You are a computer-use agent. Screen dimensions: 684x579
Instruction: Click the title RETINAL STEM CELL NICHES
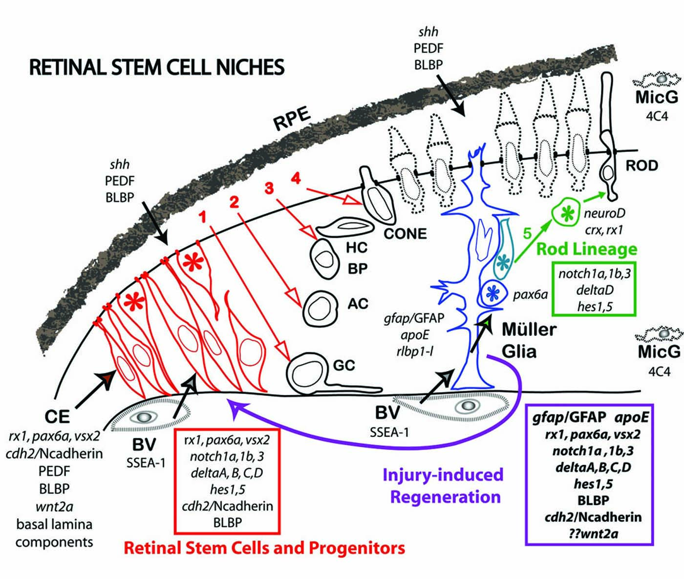[x=157, y=67]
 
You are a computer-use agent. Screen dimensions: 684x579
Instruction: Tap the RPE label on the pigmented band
[x=292, y=119]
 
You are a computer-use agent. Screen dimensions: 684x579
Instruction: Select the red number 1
[x=202, y=217]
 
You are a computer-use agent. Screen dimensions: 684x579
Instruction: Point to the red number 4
[x=296, y=179]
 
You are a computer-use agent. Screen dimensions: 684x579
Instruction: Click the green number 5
[x=527, y=233]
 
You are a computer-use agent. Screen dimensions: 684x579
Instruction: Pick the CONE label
[x=406, y=234]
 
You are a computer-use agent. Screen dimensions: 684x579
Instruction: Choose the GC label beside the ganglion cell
[x=344, y=365]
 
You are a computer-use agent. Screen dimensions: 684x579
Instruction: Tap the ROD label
[x=641, y=165]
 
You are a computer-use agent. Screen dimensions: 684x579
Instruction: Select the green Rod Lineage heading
[x=587, y=249]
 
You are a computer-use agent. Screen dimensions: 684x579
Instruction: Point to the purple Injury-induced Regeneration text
[x=443, y=485]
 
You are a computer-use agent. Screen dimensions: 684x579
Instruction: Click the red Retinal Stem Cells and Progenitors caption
[x=264, y=548]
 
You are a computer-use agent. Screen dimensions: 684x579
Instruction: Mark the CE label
[x=57, y=416]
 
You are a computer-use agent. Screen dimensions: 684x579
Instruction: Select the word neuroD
[x=604, y=213]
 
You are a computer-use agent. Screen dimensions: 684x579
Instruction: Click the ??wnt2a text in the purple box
[x=593, y=534]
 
